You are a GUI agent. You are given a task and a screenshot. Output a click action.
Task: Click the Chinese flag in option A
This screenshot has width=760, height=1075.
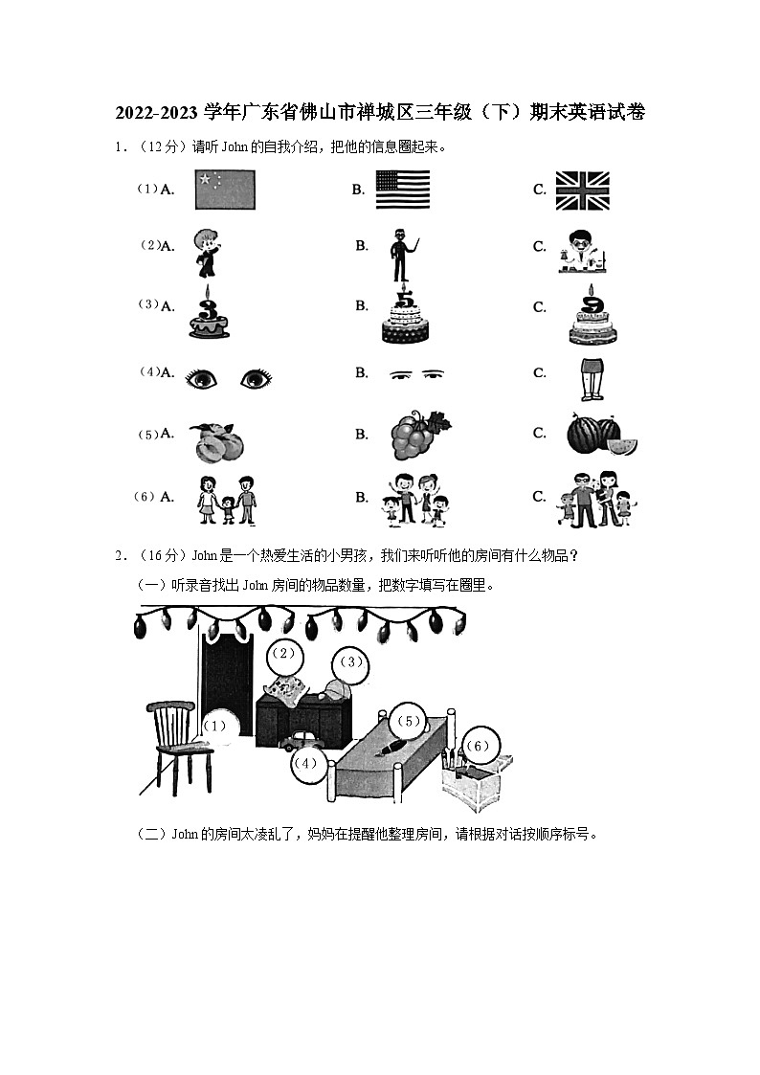(225, 190)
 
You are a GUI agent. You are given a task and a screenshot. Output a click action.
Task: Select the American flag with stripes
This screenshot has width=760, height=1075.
(402, 190)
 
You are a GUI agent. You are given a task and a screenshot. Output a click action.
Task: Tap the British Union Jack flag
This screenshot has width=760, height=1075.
(582, 190)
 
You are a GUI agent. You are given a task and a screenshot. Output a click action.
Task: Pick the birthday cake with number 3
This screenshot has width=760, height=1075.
(209, 313)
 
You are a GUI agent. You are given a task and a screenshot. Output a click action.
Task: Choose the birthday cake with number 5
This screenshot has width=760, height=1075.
(406, 315)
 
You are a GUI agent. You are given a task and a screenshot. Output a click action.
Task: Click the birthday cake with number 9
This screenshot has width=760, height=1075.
(594, 315)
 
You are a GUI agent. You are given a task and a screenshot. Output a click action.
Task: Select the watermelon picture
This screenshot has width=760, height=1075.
(601, 436)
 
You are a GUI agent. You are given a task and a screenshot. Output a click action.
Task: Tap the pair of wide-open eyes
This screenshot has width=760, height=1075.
(228, 379)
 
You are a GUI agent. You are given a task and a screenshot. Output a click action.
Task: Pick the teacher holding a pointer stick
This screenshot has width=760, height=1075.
(403, 255)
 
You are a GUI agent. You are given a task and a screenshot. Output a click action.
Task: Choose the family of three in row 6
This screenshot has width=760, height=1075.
(228, 500)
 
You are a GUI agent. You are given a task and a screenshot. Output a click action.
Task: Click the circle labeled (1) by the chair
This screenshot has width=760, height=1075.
(216, 727)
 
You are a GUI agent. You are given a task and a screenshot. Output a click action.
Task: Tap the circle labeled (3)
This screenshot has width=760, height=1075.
(350, 662)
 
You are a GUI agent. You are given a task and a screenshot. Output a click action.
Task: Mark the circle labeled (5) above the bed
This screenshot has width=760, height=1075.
(408, 722)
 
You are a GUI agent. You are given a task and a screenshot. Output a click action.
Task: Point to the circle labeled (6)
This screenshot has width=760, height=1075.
(479, 746)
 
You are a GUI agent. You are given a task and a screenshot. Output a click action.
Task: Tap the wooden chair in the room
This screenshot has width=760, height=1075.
(177, 742)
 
